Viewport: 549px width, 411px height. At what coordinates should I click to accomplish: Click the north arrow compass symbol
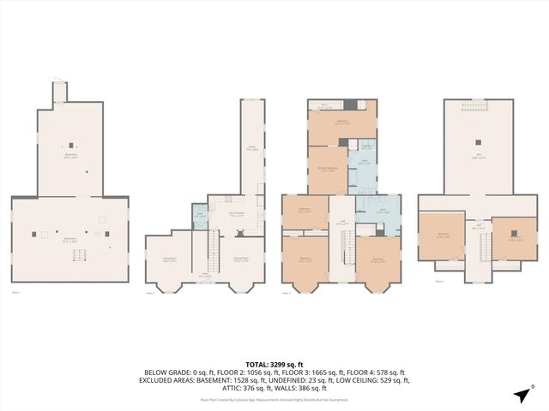[521, 394]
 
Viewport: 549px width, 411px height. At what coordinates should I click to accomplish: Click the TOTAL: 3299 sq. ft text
[274, 365]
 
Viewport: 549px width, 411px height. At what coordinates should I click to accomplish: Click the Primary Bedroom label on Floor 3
[328, 170]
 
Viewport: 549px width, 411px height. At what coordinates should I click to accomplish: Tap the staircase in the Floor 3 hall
[347, 248]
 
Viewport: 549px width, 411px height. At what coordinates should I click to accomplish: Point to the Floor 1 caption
[15, 293]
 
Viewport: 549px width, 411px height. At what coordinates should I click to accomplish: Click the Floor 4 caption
[439, 281]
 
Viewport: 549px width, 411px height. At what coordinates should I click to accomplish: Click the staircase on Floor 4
[484, 248]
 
